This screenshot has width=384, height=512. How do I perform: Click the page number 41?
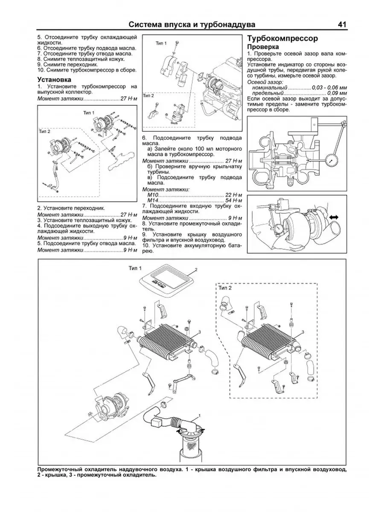[x=342, y=24]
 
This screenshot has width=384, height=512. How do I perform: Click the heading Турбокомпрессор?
[x=282, y=38]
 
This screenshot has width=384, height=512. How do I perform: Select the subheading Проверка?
[x=263, y=47]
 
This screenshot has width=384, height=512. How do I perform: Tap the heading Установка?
[x=54, y=79]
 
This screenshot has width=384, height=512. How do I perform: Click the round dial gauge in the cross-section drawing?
[x=332, y=161]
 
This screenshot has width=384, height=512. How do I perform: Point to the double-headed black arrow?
[x=334, y=217]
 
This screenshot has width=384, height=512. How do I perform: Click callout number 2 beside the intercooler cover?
[x=196, y=270]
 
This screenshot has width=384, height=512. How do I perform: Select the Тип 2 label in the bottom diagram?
[x=225, y=288]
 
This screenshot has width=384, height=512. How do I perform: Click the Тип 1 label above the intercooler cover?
[x=135, y=268]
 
